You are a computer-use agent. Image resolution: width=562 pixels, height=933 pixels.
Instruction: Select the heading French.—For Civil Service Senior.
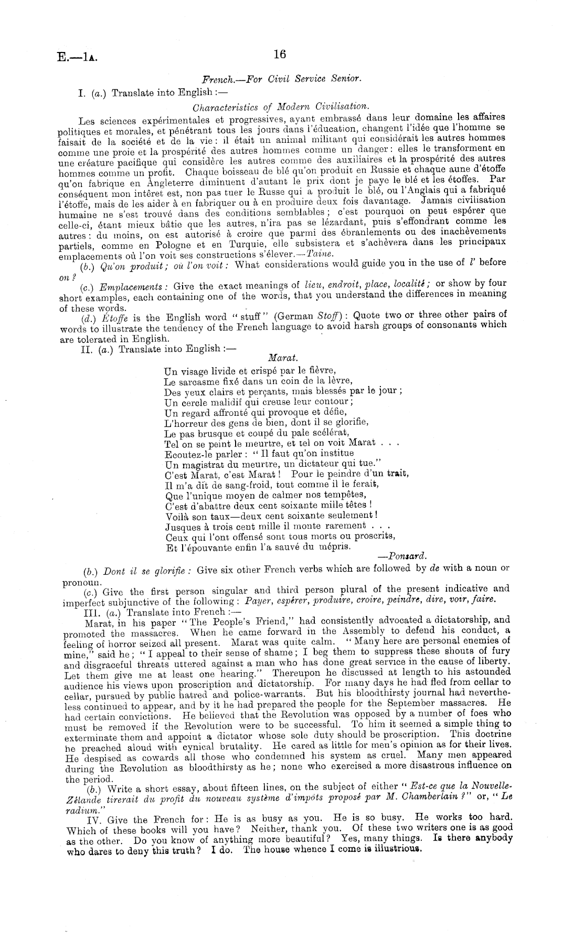pyautogui.click(x=282, y=79)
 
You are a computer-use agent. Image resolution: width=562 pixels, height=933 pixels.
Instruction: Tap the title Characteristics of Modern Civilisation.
pyautogui.click(x=281, y=106)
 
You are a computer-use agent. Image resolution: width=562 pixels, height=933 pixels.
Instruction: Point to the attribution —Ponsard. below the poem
pyautogui.click(x=402, y=556)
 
